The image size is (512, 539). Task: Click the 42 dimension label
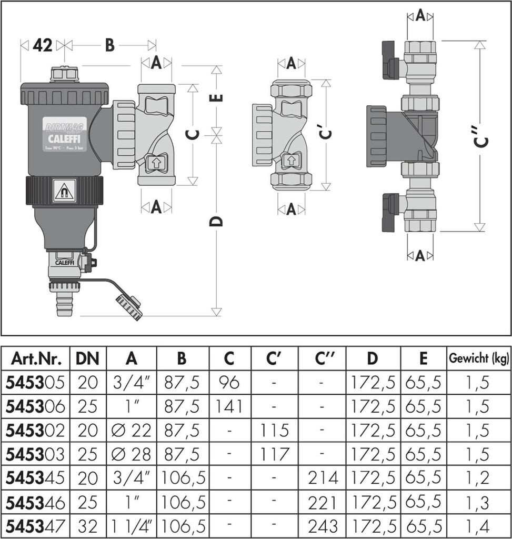43,46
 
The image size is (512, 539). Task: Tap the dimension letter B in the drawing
109,46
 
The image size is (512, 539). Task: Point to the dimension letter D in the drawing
216,221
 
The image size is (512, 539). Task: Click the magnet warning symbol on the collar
64,191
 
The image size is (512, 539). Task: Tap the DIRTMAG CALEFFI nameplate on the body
64,133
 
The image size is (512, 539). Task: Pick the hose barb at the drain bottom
64,305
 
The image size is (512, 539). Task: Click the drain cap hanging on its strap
129,307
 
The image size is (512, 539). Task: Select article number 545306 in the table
35,406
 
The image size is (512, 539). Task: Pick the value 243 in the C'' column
322,526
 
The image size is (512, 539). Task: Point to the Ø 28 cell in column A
132,454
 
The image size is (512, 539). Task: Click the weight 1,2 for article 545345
478,478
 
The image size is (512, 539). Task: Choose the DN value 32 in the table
87,526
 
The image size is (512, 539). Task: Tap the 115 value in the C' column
274,430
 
